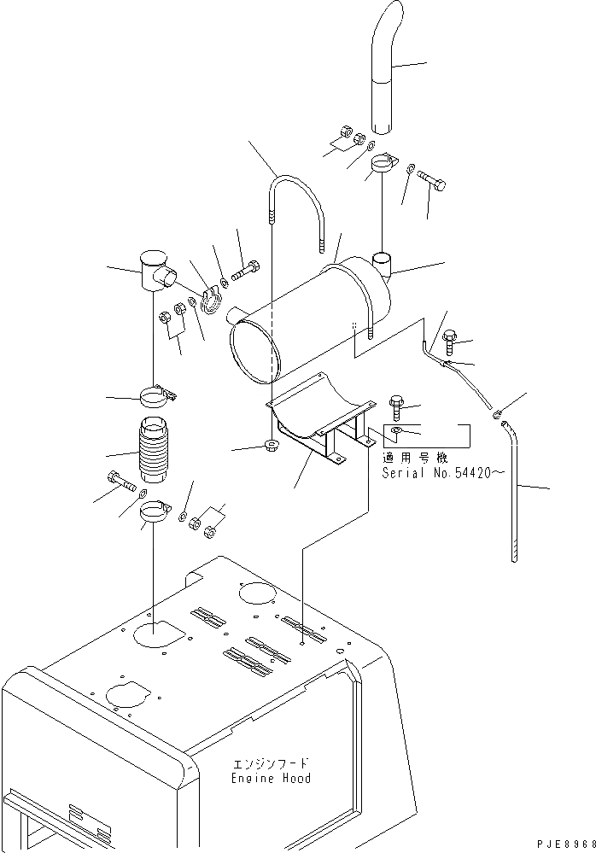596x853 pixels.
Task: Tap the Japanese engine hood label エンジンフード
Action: [272, 763]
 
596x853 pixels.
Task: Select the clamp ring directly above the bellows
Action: [156, 396]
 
